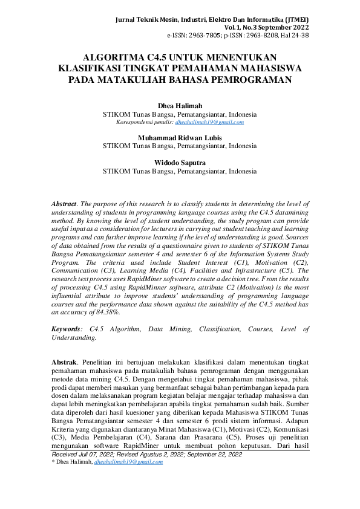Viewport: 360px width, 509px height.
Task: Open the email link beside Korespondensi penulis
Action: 209,122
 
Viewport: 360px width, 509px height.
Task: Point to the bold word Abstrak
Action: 65,361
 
